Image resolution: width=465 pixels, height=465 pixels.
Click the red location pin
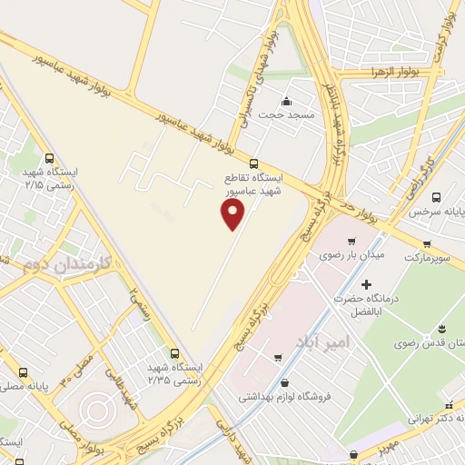233,214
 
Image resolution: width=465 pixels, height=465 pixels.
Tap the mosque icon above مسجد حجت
286,101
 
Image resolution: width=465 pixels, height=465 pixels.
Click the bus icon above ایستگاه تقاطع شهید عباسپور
253,163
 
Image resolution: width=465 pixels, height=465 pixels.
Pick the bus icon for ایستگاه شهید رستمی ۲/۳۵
173,352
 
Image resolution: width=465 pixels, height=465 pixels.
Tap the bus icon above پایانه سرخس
436,196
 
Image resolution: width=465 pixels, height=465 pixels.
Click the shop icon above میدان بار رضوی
351,241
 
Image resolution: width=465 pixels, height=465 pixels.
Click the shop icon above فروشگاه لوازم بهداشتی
286,382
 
